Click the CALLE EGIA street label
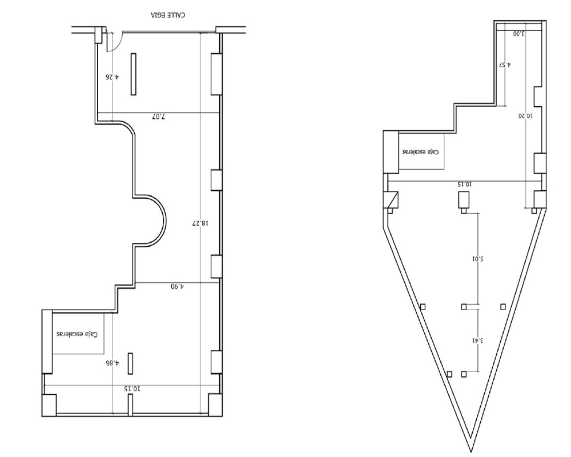tap(168, 15)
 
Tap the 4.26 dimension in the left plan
tap(112, 77)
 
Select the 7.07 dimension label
tap(158, 117)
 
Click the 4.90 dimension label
tap(178, 286)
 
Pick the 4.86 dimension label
tap(112, 363)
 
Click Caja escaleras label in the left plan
tap(77, 334)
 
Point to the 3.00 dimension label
tap(519, 34)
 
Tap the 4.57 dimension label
tap(505, 65)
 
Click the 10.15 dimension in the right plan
tap(465, 185)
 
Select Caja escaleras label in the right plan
tap(421, 151)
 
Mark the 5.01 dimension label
tap(477, 259)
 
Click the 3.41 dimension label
tap(478, 340)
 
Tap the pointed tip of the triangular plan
tap(471, 451)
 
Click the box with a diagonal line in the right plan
tap(392, 199)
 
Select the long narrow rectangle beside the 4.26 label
tap(134, 74)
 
